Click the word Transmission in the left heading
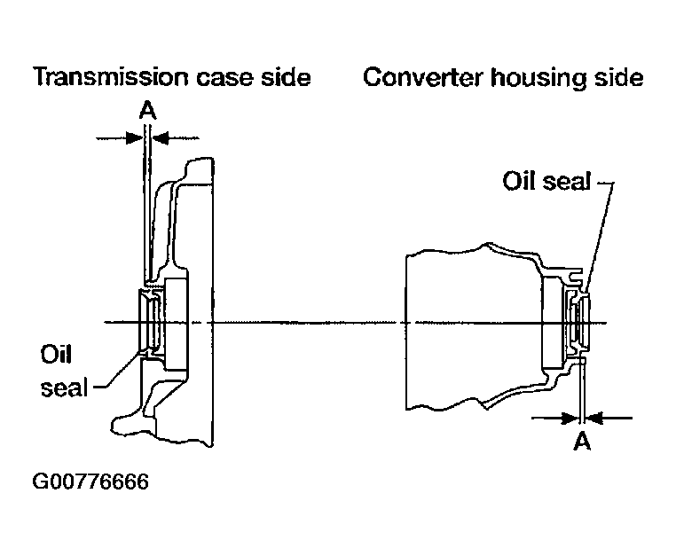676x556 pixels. tap(111, 77)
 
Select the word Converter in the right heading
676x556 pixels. tap(423, 77)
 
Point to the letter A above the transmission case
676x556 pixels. tap(147, 111)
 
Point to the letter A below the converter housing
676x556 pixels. tap(582, 441)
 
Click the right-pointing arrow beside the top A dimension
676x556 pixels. tap(120, 138)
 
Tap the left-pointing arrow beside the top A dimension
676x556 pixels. tap(176, 138)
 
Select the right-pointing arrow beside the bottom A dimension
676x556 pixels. tap(554, 418)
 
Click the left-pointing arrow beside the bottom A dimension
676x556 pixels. tap(609, 418)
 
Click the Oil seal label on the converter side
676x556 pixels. tap(546, 181)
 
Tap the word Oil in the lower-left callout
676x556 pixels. tap(56, 355)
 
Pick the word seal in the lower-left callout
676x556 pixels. tap(64, 387)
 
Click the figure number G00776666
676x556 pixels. tap(90, 482)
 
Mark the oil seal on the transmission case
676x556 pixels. tap(151, 322)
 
